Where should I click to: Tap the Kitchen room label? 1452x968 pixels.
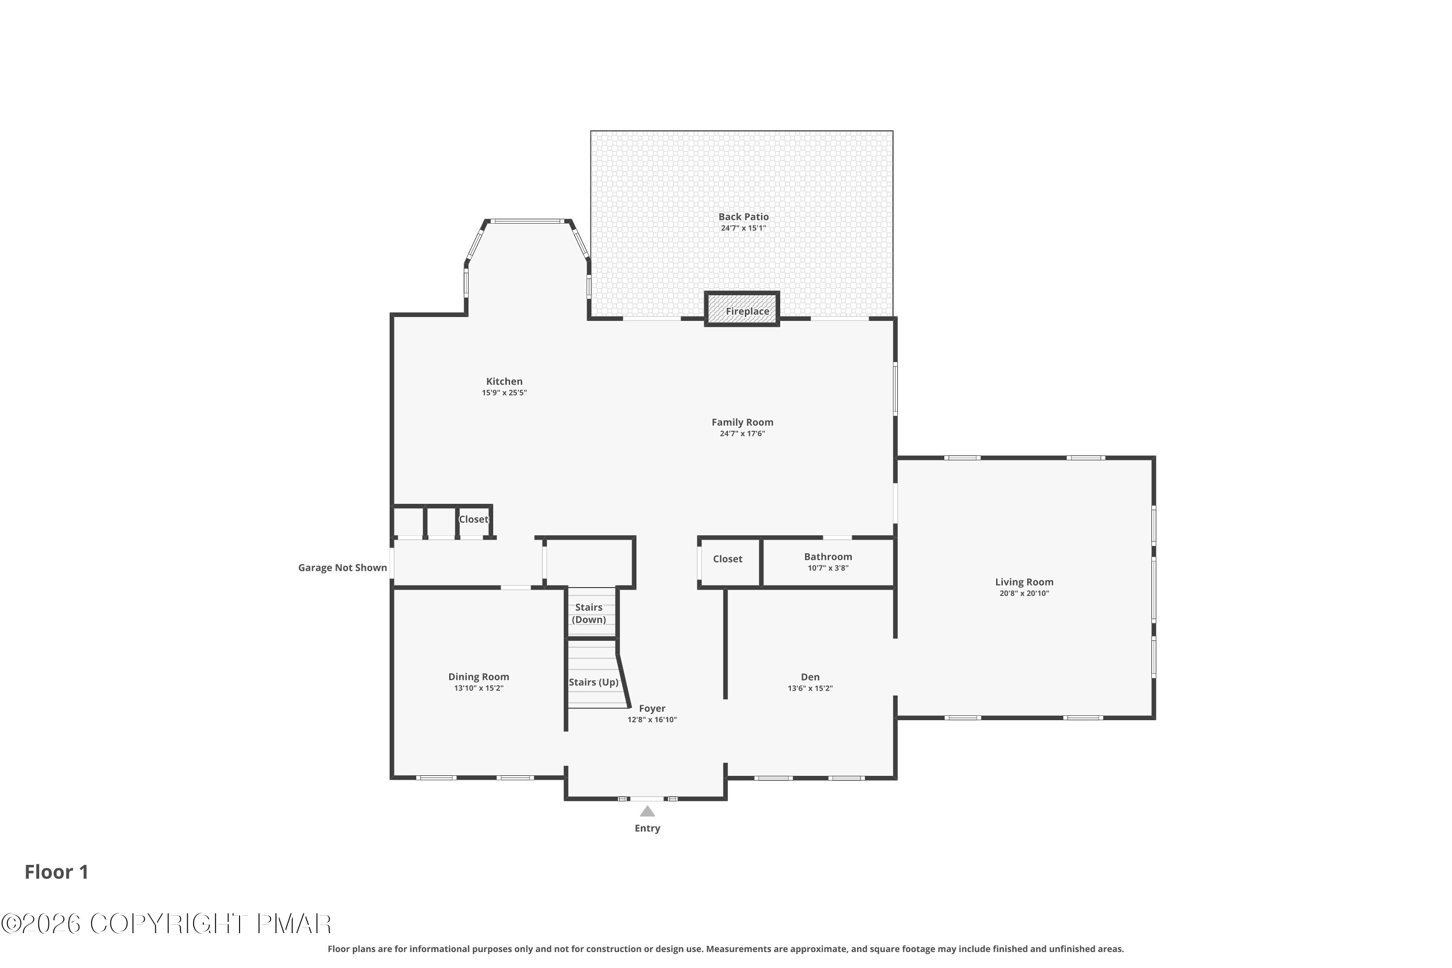tap(504, 381)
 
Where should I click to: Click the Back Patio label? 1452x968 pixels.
tap(743, 217)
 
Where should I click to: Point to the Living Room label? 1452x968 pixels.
tap(1024, 582)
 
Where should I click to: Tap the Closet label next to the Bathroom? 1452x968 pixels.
tap(727, 559)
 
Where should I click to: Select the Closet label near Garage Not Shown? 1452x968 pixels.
tap(473, 519)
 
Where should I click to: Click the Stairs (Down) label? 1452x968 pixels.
tap(589, 613)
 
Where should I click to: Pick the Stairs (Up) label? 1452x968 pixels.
tap(593, 682)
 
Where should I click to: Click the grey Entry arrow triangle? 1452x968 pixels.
tap(647, 811)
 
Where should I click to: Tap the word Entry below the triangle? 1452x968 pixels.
tap(647, 829)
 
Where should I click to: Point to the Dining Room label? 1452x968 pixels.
tap(479, 677)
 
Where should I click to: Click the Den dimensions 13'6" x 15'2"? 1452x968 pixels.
tap(810, 688)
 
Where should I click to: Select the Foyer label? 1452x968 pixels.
tap(652, 709)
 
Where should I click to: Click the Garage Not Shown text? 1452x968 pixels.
tap(342, 567)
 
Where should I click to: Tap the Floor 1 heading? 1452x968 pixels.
tap(56, 872)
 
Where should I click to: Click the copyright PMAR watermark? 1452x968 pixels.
tap(166, 924)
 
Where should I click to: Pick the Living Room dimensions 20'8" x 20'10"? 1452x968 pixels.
tap(1024, 593)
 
